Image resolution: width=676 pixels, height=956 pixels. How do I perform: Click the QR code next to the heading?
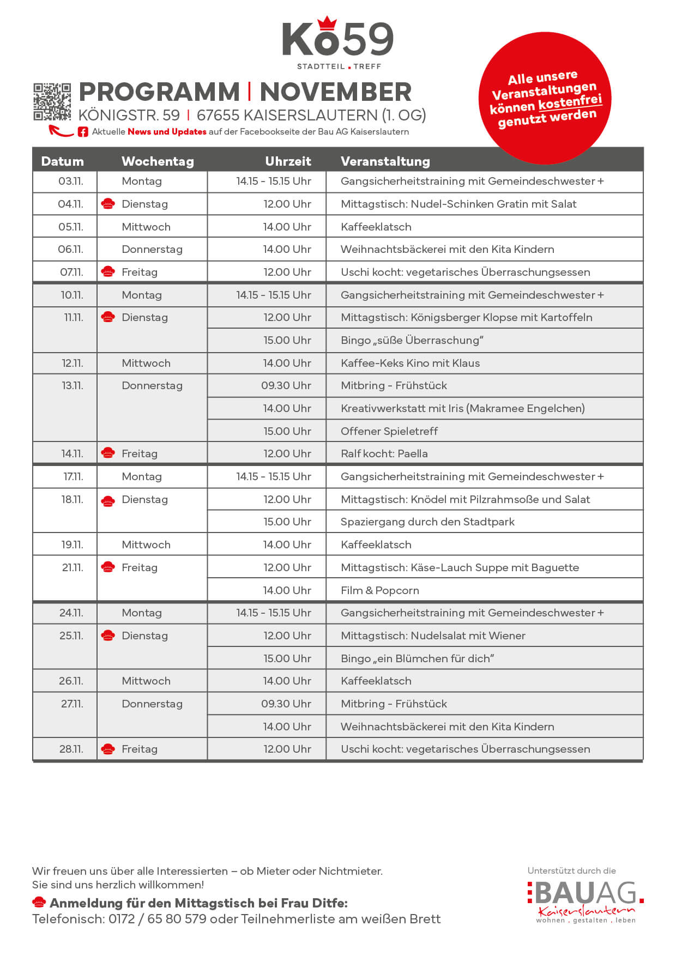pyautogui.click(x=52, y=101)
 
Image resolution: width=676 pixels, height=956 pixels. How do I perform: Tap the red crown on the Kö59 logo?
pyautogui.click(x=327, y=23)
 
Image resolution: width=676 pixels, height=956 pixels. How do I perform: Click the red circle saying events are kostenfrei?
pyautogui.click(x=545, y=98)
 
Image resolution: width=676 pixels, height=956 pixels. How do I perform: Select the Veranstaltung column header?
pyautogui.click(x=385, y=161)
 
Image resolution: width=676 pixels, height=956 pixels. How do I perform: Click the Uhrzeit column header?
pyautogui.click(x=288, y=161)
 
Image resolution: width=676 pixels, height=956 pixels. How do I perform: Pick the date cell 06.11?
pyautogui.click(x=70, y=249)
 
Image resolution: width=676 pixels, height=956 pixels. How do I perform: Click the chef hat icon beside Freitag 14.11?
pyautogui.click(x=108, y=453)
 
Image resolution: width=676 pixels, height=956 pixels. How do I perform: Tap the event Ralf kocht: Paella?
pyautogui.click(x=384, y=453)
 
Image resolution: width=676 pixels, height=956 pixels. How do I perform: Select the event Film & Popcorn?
pyautogui.click(x=379, y=590)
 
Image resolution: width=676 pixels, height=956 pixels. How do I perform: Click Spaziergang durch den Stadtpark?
pyautogui.click(x=427, y=522)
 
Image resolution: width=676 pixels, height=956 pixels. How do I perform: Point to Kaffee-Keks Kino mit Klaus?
pyautogui.click(x=410, y=363)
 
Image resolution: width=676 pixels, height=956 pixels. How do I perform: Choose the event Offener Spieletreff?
pyautogui.click(x=389, y=431)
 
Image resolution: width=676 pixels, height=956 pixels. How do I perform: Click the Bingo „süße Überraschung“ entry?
pyautogui.click(x=412, y=340)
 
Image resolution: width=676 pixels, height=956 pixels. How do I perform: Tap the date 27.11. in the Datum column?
pyautogui.click(x=72, y=704)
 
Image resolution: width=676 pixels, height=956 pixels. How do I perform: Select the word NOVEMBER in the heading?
pyautogui.click(x=335, y=92)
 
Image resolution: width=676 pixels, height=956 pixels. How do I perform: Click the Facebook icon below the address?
pyautogui.click(x=83, y=132)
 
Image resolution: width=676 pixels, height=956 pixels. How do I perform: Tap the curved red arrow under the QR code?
pyautogui.click(x=61, y=131)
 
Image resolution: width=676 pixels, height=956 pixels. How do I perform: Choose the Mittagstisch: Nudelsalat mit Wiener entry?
pyautogui.click(x=433, y=636)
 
